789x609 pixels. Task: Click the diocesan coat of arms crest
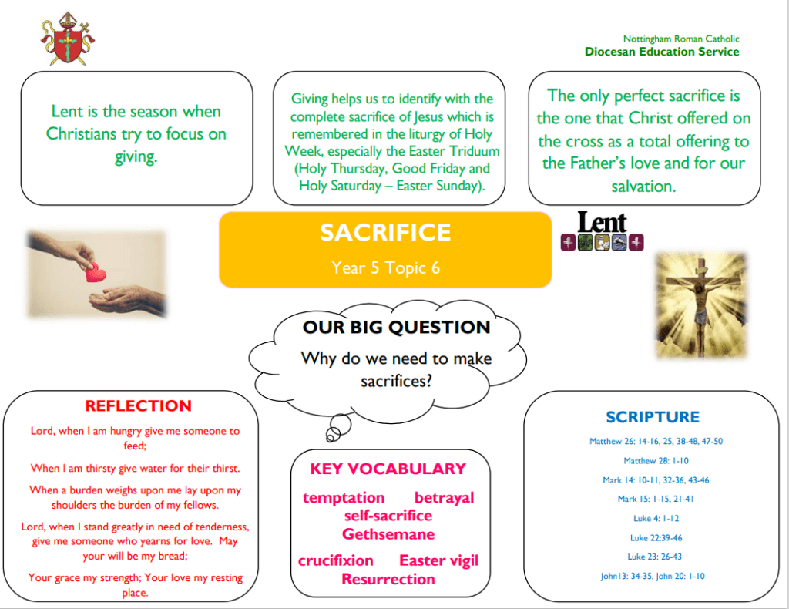68,39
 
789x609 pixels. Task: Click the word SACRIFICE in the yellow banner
385,233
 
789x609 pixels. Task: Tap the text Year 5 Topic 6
385,267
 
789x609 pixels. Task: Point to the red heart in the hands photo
95,272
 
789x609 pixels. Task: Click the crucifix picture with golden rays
701,305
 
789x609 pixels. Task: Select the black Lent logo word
603,222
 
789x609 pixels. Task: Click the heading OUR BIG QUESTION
397,327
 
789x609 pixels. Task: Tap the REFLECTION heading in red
139,405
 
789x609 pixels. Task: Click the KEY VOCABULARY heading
388,469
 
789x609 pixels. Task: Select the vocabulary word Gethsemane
388,534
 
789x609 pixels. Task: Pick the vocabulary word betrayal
445,498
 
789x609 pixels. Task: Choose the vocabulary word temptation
344,498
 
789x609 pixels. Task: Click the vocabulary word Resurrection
388,579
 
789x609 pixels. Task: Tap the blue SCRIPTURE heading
653,417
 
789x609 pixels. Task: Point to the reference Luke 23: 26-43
655,557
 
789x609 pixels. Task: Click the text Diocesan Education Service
662,52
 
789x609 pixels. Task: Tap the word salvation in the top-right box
643,187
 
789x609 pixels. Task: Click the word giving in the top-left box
136,157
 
